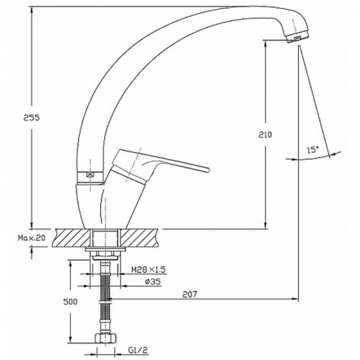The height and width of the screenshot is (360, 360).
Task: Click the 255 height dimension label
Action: (x=31, y=118)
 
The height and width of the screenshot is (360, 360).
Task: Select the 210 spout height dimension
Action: (x=265, y=135)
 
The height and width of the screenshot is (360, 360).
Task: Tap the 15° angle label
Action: (x=313, y=150)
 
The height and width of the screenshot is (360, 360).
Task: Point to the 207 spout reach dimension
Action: (x=190, y=295)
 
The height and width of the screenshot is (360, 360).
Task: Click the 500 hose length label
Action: (x=70, y=302)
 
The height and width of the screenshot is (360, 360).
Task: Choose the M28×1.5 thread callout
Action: (x=149, y=270)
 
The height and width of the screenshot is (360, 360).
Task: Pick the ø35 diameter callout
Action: (x=153, y=281)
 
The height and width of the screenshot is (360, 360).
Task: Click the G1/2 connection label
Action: (x=138, y=350)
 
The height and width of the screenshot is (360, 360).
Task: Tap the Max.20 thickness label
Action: (x=32, y=238)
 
